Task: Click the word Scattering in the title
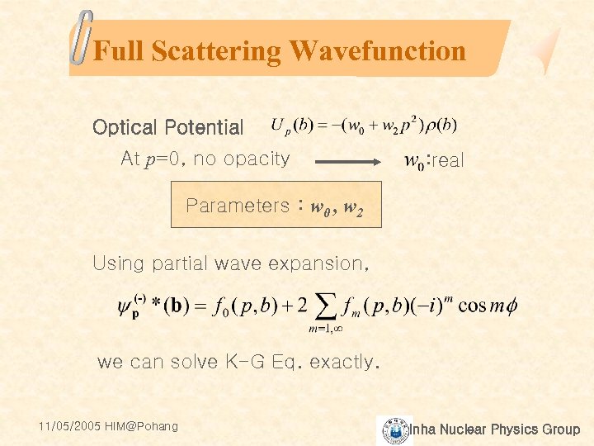pyautogui.click(x=217, y=51)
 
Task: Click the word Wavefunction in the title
pyautogui.click(x=377, y=51)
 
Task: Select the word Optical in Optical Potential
pyautogui.click(x=125, y=128)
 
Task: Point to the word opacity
pyautogui.click(x=255, y=159)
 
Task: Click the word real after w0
pyautogui.click(x=448, y=161)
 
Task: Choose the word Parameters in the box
pyautogui.click(x=238, y=206)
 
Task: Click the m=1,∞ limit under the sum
pyautogui.click(x=326, y=329)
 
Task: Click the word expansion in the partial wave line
pyautogui.click(x=322, y=264)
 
